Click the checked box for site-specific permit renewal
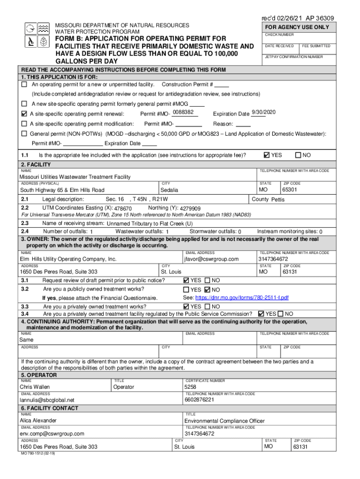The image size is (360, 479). point(24,114)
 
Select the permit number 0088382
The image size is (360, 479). point(183,113)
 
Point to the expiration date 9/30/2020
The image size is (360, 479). point(264,112)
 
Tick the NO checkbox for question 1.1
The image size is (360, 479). point(298,155)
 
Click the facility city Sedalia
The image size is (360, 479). point(169,190)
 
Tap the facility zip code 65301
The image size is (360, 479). point(289,190)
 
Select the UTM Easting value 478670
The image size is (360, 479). point(123,209)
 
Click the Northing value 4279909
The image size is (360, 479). point(190,209)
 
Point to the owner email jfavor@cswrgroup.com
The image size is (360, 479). point(211,259)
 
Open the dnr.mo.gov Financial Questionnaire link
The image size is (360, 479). point(242,298)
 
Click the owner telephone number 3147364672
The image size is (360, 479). point(273,259)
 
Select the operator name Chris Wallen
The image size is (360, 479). point(35,387)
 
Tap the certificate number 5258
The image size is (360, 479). point(190,387)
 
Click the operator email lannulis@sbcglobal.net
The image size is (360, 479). point(47,400)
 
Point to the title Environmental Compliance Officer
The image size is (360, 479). point(224,421)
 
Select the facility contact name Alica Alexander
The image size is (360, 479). point(38,421)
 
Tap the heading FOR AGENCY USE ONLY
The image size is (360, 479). point(297,27)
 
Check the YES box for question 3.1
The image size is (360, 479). point(187,280)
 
